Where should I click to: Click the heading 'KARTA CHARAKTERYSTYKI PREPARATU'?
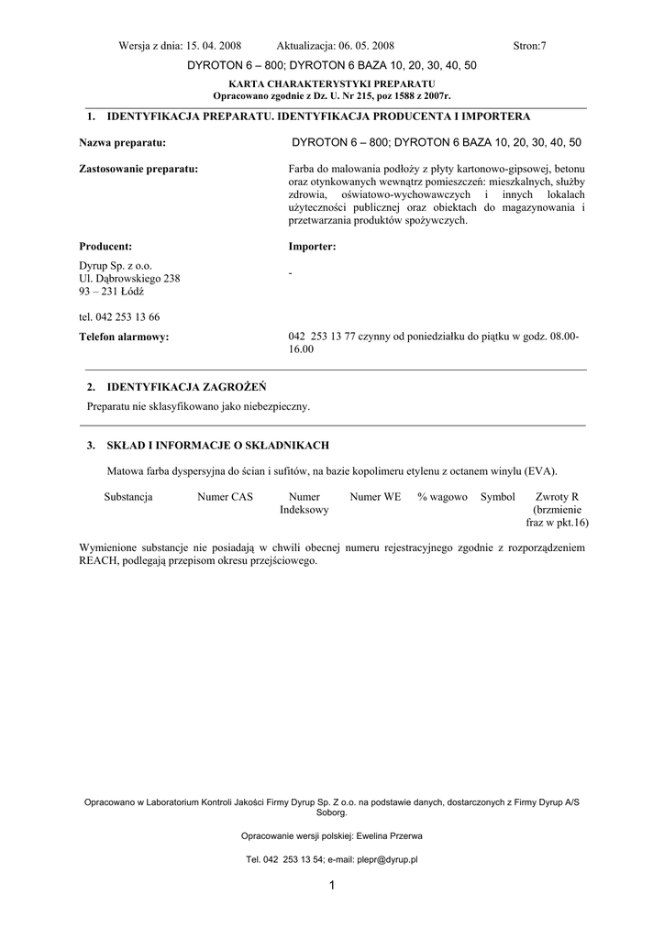(332, 83)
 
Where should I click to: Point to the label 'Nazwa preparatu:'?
(122, 143)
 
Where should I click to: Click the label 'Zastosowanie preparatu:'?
(138, 169)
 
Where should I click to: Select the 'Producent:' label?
(105, 247)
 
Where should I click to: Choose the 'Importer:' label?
(312, 247)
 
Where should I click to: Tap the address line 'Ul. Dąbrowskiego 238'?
(129, 278)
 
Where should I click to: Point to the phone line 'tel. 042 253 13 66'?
(119, 316)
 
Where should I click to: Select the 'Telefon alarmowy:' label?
(124, 337)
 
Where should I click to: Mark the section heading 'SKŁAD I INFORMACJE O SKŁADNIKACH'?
(218, 446)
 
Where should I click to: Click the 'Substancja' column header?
(128, 497)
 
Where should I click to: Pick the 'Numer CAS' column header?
(225, 497)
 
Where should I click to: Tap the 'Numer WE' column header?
(375, 497)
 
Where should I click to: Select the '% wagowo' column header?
(442, 497)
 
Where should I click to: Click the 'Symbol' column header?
(498, 497)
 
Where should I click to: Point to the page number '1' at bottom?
(332, 885)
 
